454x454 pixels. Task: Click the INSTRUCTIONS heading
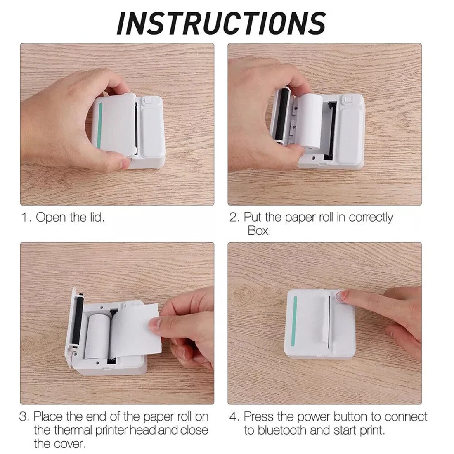coord(221,23)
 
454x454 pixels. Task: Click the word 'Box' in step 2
coord(259,231)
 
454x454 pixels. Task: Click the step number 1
coord(24,218)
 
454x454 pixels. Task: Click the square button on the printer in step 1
coord(147,101)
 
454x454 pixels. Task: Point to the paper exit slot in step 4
coord(329,322)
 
